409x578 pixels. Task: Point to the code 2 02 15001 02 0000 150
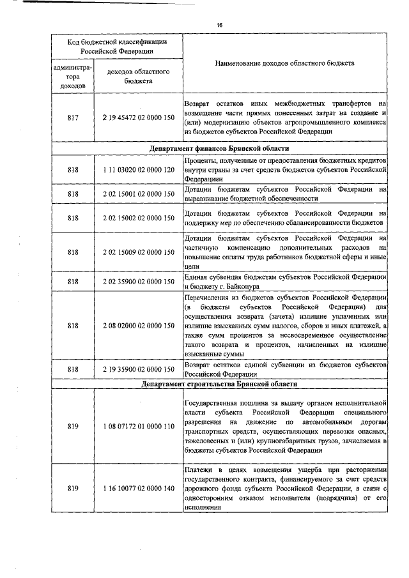click(x=138, y=194)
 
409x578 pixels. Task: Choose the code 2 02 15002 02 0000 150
click(x=138, y=218)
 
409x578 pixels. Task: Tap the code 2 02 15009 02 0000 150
click(x=138, y=252)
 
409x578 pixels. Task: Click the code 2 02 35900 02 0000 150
click(x=138, y=281)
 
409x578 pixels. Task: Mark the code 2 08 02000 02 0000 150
click(x=138, y=326)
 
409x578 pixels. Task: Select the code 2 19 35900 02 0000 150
click(x=138, y=369)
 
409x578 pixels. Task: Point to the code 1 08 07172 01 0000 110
click(x=138, y=426)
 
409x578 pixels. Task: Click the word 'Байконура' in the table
click(x=238, y=287)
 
